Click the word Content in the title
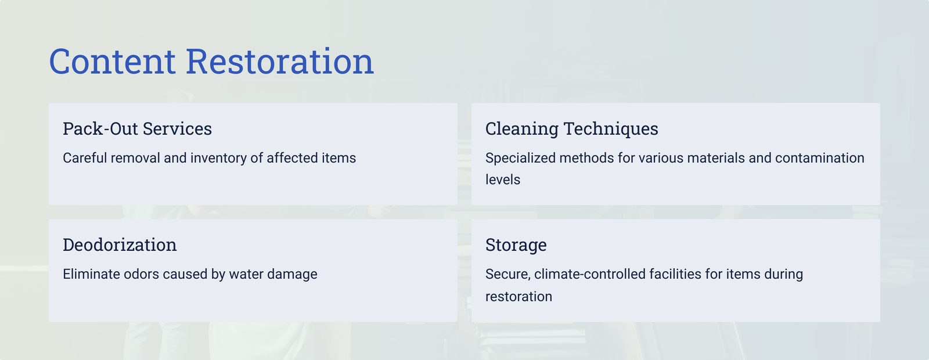click(113, 62)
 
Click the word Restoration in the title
click(280, 62)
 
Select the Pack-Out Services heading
click(137, 128)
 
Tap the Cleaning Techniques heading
click(571, 129)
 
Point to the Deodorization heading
click(120, 244)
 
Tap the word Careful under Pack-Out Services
click(85, 158)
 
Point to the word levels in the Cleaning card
click(503, 179)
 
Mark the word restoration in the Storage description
click(519, 297)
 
